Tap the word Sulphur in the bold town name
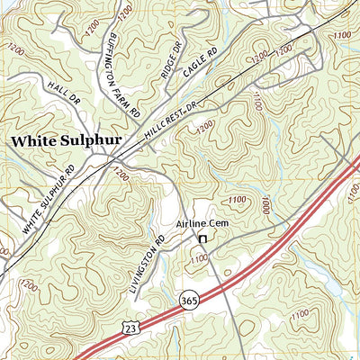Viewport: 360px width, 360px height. tap(96, 141)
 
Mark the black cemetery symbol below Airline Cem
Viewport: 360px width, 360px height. tap(203, 239)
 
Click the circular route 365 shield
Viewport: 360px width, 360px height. tap(187, 304)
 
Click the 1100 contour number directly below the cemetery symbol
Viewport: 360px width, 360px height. tap(199, 260)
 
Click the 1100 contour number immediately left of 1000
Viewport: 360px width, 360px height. tap(238, 200)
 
